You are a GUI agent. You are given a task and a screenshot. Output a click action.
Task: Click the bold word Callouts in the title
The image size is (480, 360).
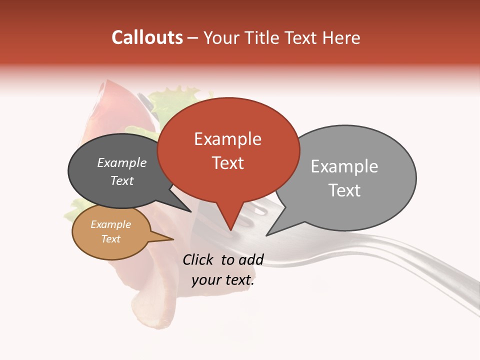tap(147, 37)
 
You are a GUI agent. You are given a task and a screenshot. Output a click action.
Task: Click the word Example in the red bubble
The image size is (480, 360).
tap(227, 139)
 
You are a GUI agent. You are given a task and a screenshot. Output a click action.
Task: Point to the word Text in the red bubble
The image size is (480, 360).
tap(228, 163)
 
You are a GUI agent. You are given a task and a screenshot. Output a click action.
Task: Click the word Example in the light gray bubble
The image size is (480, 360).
tap(344, 166)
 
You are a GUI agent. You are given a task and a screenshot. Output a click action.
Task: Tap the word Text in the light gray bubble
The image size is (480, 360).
tap(344, 190)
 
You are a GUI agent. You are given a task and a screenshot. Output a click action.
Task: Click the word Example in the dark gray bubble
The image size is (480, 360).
tap(122, 163)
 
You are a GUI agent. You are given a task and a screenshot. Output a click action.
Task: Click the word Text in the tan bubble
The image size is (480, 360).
tap(111, 239)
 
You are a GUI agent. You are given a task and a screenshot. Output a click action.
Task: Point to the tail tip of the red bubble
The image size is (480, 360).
tap(230, 229)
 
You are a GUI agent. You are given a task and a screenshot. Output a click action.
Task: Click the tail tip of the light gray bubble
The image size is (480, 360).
tap(267, 234)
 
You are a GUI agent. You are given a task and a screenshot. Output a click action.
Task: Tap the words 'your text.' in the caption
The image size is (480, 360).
tap(222, 280)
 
